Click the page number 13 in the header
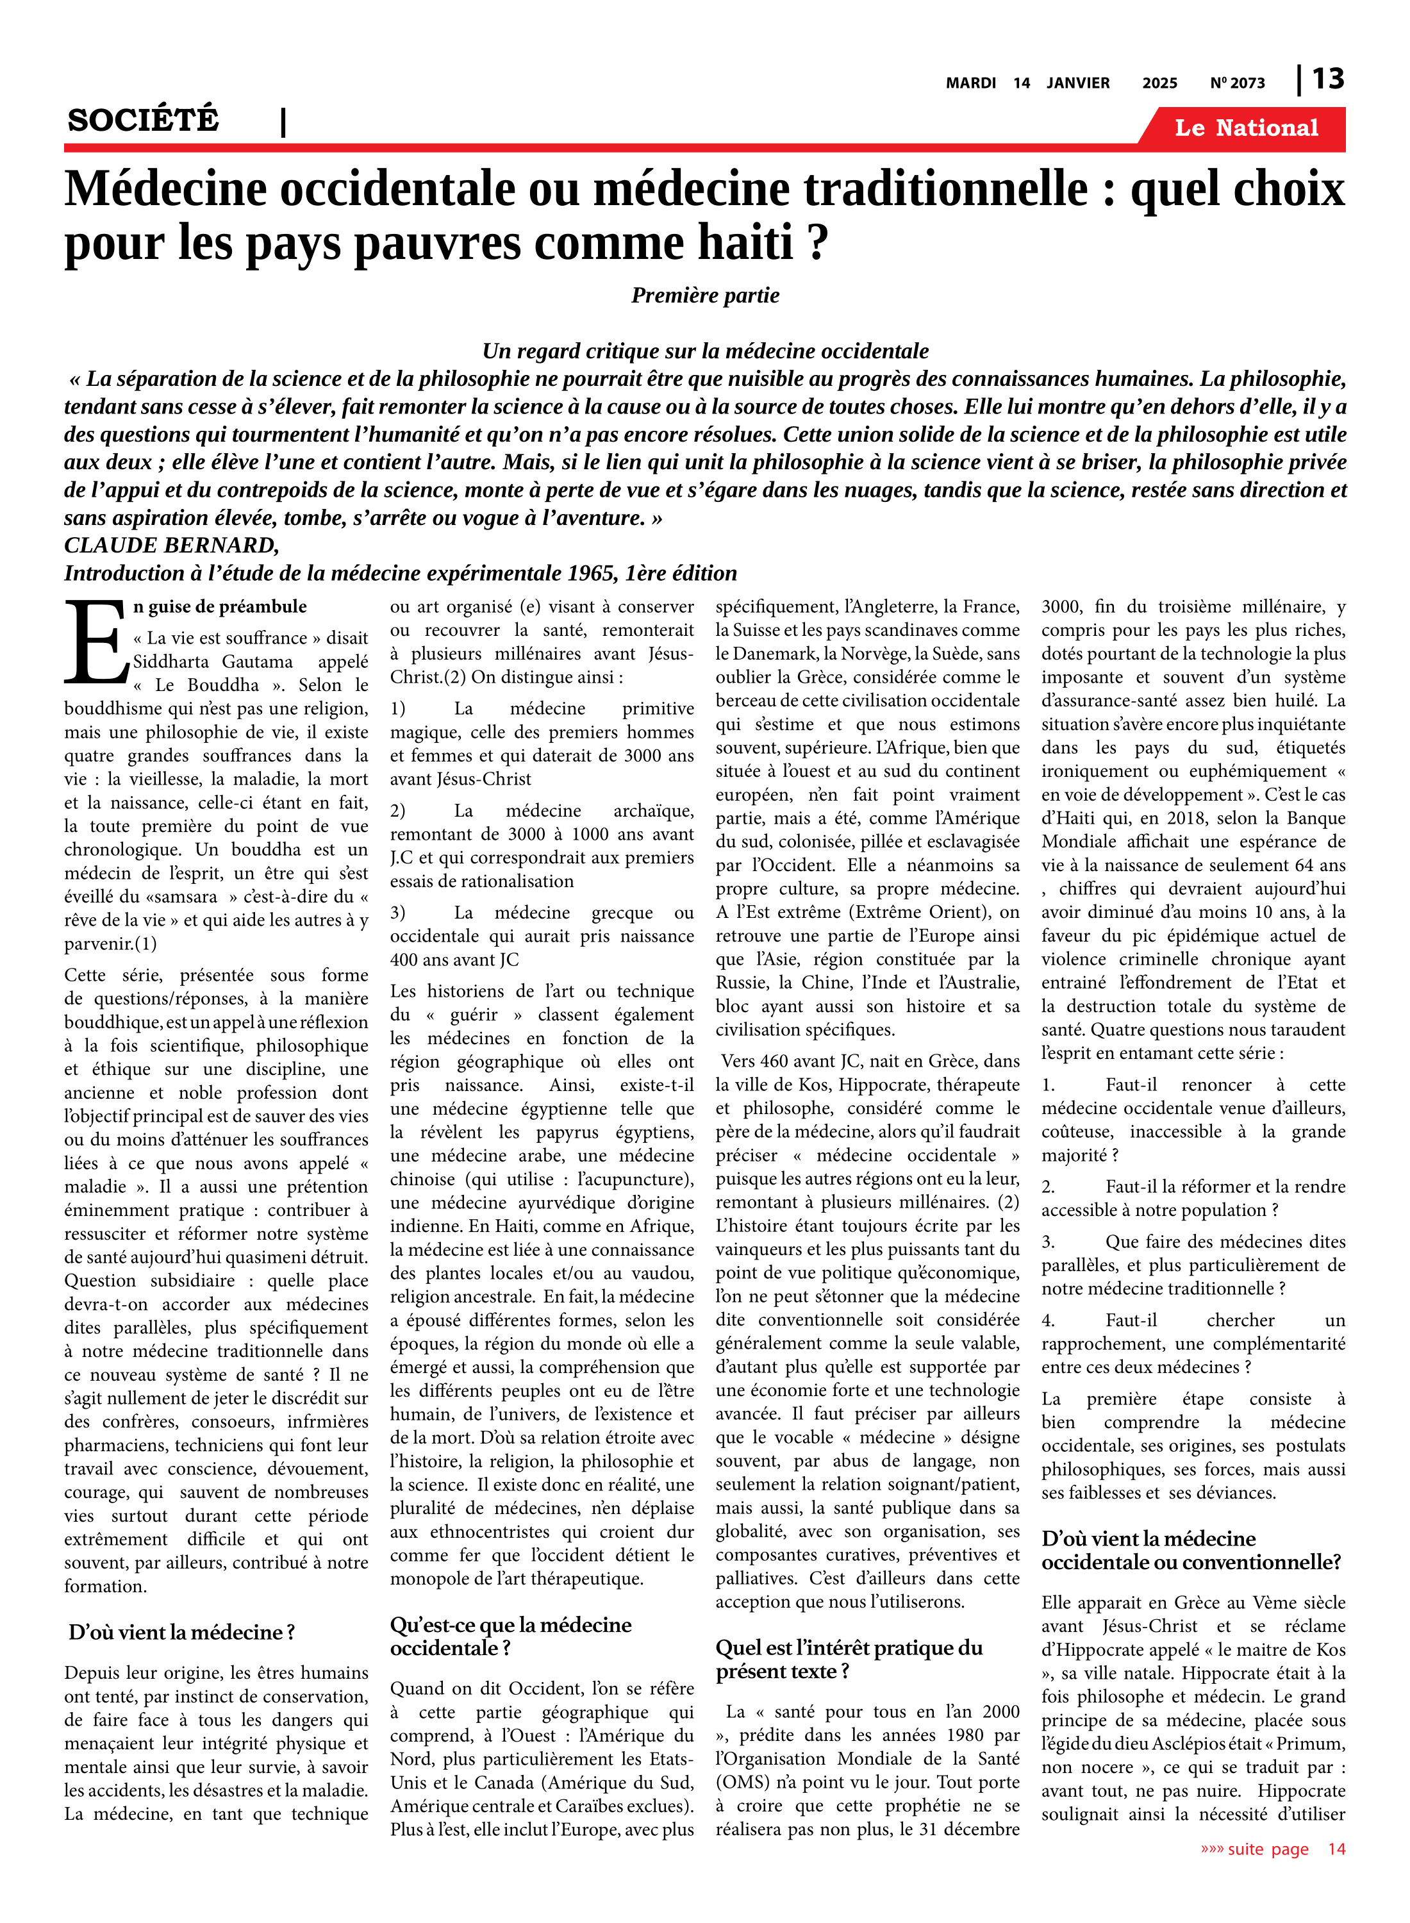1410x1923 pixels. [1328, 79]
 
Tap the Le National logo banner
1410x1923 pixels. [1246, 128]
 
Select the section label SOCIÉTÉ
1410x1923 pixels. [144, 119]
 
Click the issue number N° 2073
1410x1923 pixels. [1238, 83]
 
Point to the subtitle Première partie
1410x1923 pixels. [705, 296]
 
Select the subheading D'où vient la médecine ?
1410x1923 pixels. [182, 1632]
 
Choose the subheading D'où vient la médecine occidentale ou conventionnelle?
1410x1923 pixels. [1191, 1550]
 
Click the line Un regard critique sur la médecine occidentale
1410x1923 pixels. [705, 351]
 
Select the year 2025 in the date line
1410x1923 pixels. [1160, 83]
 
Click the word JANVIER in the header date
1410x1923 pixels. [1078, 83]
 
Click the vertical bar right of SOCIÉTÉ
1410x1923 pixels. [283, 123]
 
